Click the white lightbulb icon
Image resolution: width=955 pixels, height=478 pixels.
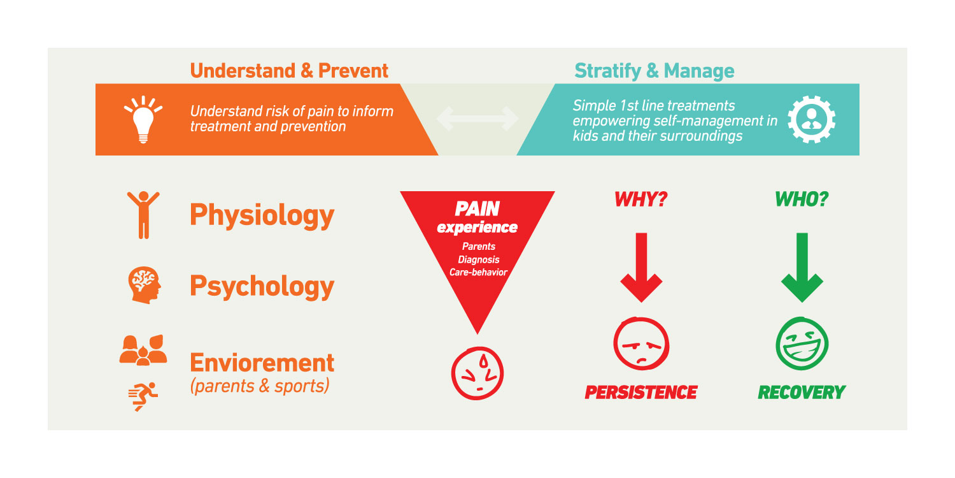[143, 119]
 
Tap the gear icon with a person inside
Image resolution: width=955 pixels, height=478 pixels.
[811, 119]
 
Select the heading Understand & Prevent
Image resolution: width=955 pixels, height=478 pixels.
[289, 70]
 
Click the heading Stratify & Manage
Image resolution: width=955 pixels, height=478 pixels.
[654, 70]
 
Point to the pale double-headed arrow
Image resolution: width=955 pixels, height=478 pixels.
[478, 119]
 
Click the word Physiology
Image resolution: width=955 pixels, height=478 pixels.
[262, 215]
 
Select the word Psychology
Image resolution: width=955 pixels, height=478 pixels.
[262, 286]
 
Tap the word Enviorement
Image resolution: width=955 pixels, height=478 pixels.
[262, 363]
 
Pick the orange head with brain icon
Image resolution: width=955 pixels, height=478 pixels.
[143, 284]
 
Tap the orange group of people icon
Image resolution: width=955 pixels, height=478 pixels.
[143, 350]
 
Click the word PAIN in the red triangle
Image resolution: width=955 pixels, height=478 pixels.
[477, 208]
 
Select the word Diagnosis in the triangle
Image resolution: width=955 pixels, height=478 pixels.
[478, 260]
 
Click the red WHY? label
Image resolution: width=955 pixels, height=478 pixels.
[640, 199]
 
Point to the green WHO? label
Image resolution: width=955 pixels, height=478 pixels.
[801, 199]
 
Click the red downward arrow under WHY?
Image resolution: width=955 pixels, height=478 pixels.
[641, 268]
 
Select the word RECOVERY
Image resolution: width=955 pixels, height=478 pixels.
[801, 392]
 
